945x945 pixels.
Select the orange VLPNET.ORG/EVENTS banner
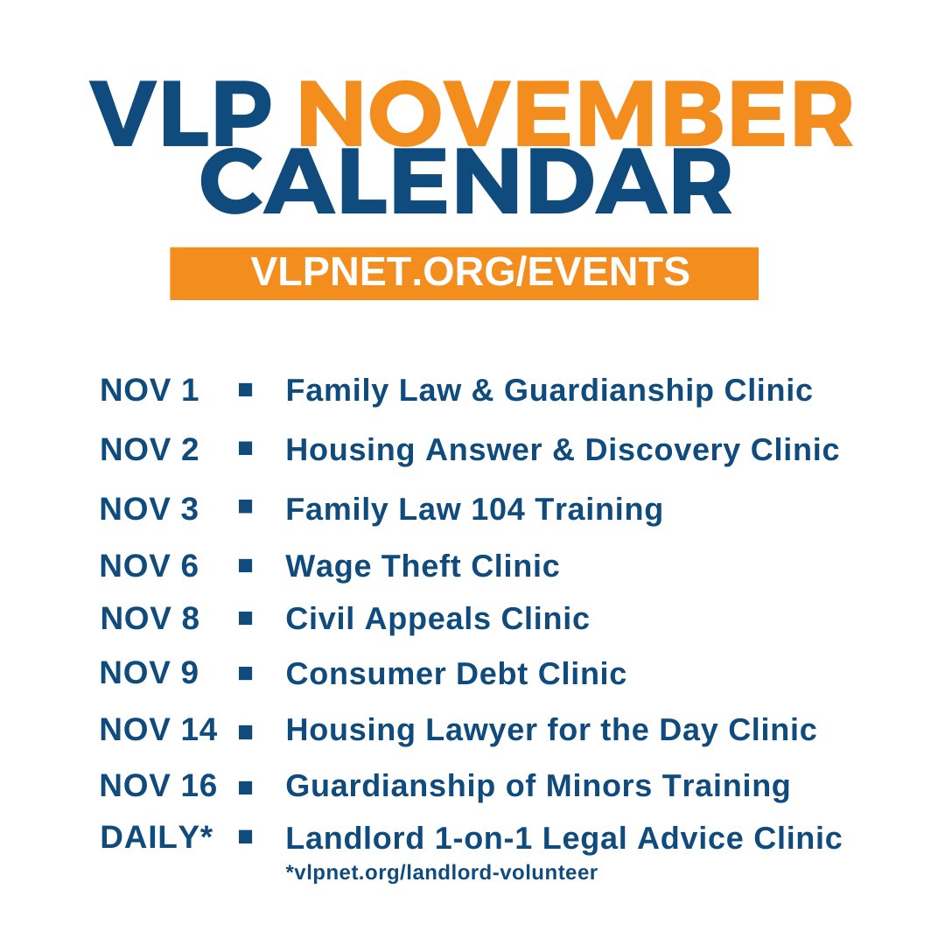click(464, 273)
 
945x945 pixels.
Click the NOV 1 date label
click(150, 390)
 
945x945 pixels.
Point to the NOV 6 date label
click(150, 566)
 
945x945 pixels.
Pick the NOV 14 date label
click(158, 730)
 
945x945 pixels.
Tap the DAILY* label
click(157, 837)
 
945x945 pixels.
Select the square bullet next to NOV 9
click(245, 673)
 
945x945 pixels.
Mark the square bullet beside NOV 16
click(245, 787)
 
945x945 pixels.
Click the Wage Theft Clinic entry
click(423, 566)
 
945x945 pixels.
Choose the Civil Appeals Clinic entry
click(437, 619)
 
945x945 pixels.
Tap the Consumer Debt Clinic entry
click(456, 674)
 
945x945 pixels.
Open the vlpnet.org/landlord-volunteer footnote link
click(442, 872)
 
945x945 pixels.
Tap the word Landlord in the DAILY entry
click(351, 838)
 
